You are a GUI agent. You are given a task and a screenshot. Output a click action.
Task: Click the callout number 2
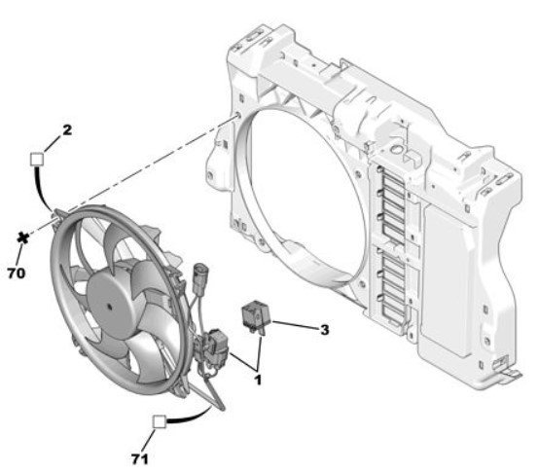67,130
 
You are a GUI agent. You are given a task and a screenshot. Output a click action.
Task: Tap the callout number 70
17,273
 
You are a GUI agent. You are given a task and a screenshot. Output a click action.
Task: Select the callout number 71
140,458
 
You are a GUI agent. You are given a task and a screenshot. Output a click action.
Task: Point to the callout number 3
324,330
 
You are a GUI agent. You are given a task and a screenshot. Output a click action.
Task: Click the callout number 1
258,380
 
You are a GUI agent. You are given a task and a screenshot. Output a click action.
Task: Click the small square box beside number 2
37,160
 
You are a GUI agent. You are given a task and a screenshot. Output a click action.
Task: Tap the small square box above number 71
160,421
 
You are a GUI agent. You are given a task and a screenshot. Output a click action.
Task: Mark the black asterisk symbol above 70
23,237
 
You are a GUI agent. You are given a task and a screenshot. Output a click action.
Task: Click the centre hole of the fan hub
110,307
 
